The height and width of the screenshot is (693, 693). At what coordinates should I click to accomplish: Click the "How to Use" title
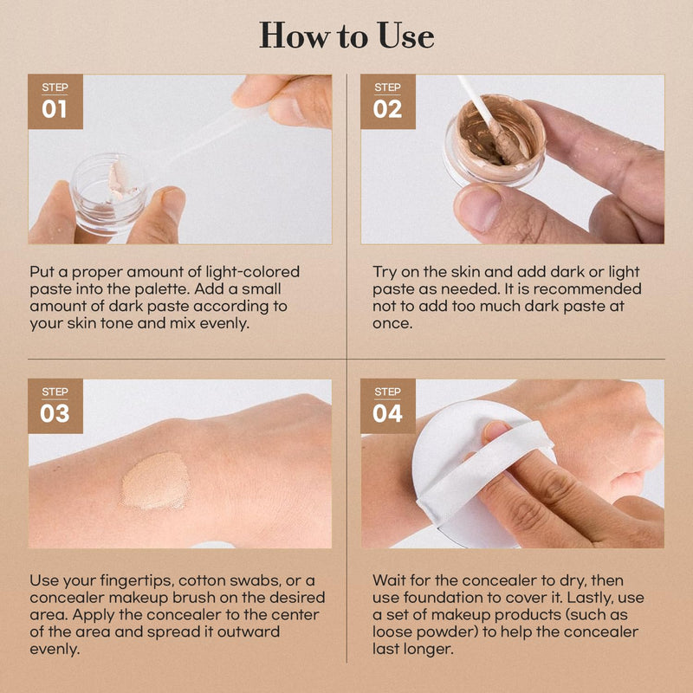346,36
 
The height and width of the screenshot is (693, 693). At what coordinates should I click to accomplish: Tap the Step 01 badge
55,101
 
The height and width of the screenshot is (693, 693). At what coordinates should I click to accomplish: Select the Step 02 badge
387,101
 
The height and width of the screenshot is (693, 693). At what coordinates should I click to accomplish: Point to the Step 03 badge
55,405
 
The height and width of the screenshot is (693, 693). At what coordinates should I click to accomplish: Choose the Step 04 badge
387,405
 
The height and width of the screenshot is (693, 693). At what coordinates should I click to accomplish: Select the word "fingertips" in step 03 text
131,580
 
